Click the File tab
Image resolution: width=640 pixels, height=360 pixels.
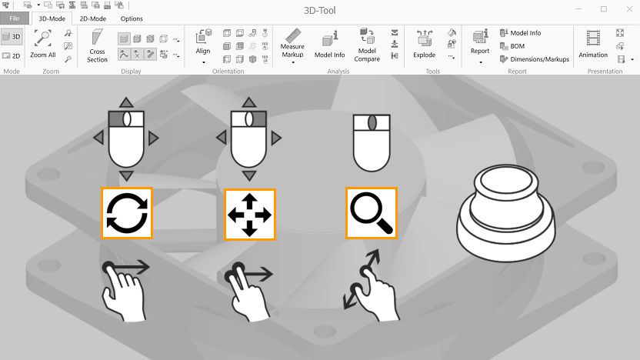tap(15, 18)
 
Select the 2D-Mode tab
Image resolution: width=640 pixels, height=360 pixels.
tap(92, 18)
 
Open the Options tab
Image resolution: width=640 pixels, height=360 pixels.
tap(132, 18)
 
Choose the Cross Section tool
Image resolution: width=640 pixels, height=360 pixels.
tap(97, 45)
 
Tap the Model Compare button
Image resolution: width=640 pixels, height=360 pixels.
tap(367, 45)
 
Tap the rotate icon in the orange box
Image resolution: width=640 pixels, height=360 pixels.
tap(127, 212)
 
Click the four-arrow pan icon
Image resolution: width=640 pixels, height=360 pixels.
tap(250, 214)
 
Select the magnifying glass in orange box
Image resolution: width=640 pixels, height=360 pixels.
tap(371, 212)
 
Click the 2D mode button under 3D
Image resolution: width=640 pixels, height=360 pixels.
tap(12, 55)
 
